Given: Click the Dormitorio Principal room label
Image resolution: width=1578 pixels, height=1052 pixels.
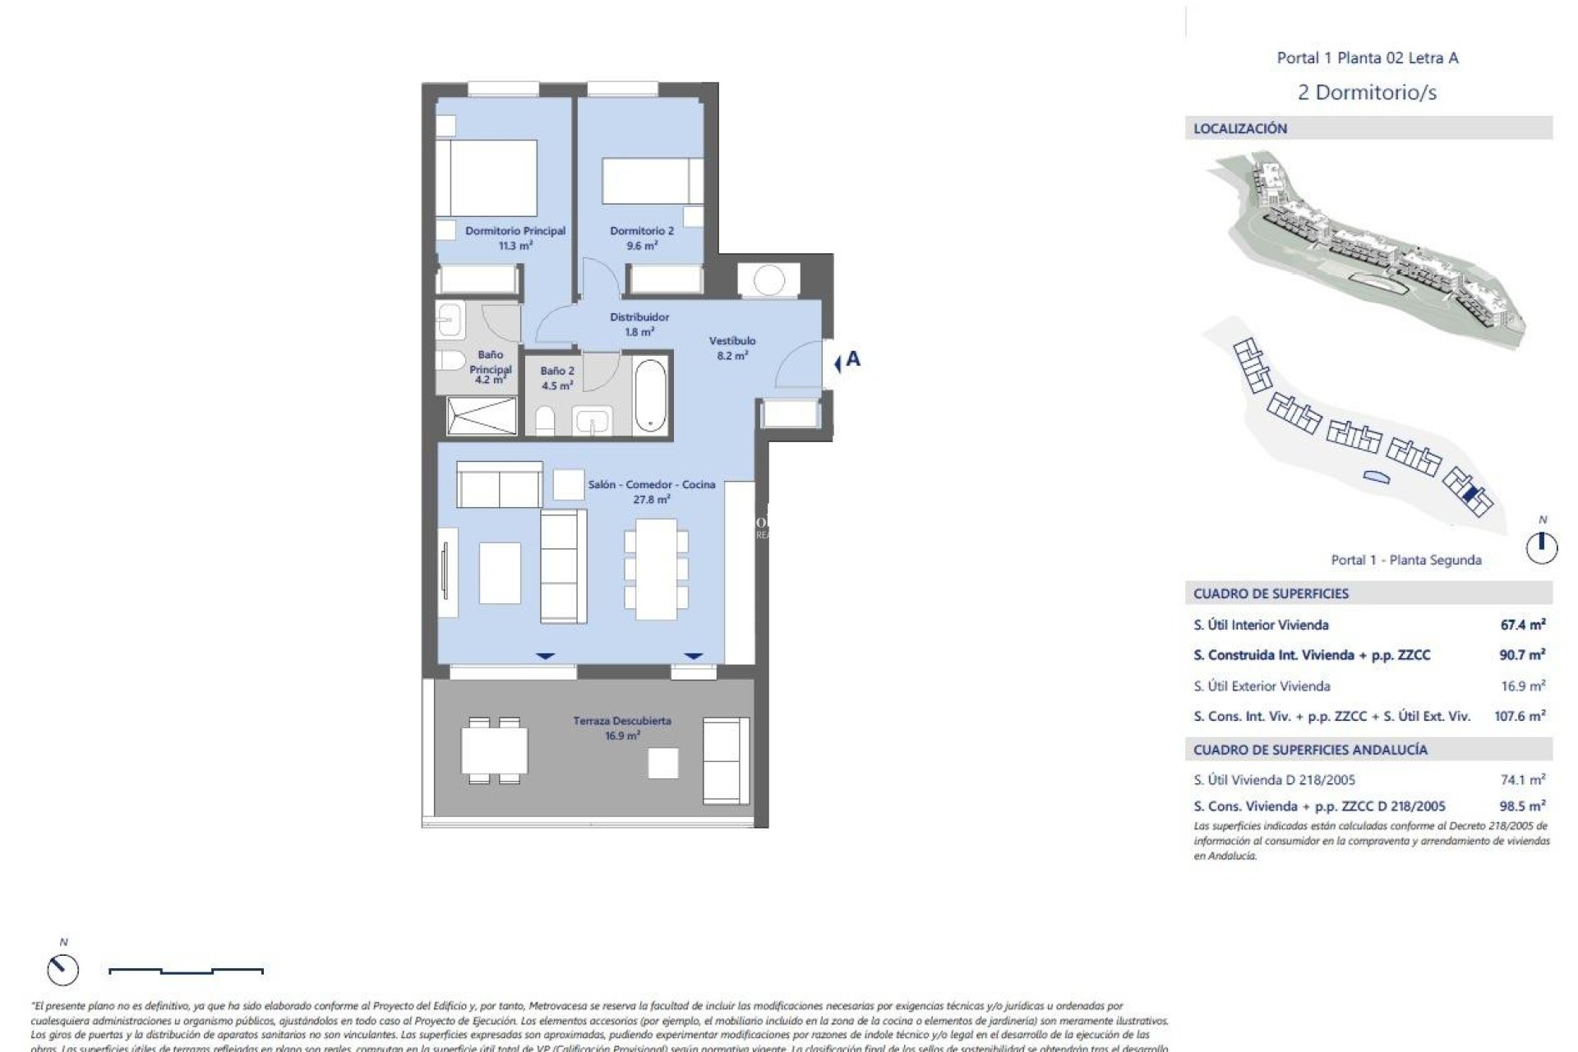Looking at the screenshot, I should point(515,238).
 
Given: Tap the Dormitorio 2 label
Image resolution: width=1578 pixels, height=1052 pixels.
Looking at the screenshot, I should point(642,238).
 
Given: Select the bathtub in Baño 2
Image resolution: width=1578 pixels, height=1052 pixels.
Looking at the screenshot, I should point(650,394).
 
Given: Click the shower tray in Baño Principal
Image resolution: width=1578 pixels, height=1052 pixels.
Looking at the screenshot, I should point(482,415).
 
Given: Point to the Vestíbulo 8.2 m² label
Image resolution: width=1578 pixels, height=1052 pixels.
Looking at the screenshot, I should point(732,348).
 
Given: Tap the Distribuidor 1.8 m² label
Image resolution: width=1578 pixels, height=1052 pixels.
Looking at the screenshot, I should point(639,324).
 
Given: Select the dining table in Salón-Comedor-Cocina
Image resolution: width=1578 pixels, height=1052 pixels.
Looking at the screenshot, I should point(655,569).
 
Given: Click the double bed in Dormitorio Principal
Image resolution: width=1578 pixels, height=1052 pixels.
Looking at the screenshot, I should point(487,178).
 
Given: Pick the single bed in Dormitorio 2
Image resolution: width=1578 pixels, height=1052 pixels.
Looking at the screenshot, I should point(653,181).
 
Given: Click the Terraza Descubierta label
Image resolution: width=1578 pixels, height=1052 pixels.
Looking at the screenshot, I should point(622,727).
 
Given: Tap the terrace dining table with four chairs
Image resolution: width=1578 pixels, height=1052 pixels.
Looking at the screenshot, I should point(494,751).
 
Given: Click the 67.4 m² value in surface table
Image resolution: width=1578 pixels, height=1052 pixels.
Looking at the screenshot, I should point(1522,625).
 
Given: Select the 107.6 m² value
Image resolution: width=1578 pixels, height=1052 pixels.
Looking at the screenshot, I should point(1519,716).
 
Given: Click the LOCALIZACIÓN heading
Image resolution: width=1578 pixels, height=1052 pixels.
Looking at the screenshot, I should point(1240,128).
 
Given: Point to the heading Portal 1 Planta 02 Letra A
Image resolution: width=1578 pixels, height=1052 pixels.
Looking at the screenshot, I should point(1367,58).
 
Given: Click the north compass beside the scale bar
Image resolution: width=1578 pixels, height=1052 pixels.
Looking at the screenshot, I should point(63,970).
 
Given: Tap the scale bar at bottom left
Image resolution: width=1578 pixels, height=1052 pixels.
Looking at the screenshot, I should point(186,971).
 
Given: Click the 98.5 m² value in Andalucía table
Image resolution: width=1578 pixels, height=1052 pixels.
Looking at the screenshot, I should point(1521,806).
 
